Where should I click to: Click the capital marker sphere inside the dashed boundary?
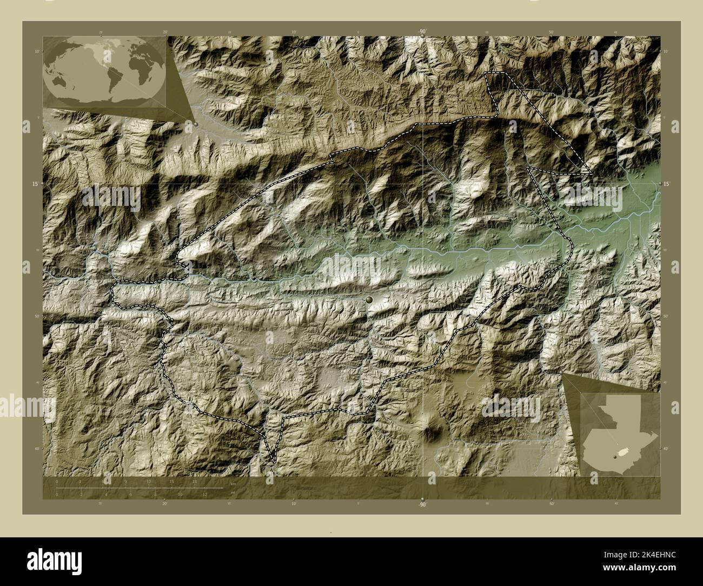point(370,299)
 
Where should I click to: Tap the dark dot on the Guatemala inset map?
point(615,457)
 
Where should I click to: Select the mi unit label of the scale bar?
point(233,492)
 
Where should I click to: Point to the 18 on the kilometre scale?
point(195,481)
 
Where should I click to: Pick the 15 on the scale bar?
point(171,481)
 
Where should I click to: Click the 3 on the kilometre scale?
point(80,481)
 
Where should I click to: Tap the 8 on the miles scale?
point(155,494)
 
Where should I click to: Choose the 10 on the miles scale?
point(180,494)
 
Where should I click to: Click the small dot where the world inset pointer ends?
point(196,124)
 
